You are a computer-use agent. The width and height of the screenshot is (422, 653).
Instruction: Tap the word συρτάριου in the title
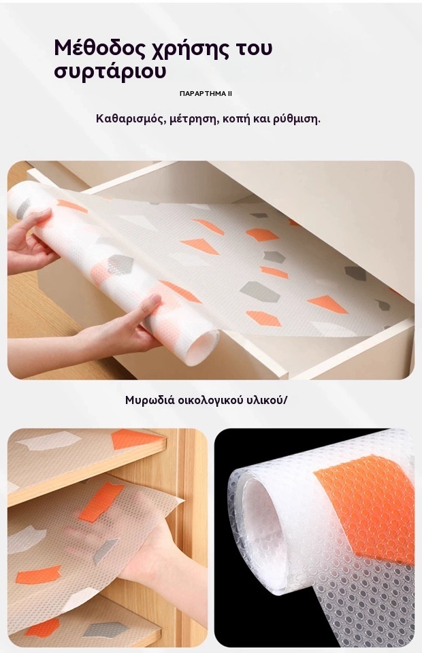point(110,71)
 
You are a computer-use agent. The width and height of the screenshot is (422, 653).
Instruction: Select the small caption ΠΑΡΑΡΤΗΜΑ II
point(206,94)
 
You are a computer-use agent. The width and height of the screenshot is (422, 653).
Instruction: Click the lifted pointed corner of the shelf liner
point(183,499)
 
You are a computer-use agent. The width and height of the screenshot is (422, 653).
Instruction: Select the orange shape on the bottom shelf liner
point(42,627)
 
